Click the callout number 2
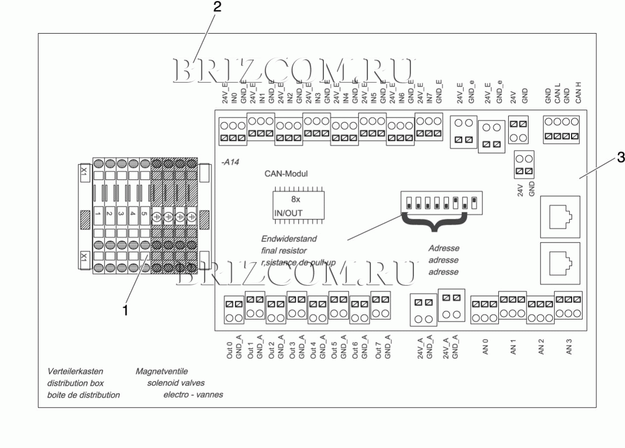(x=217, y=8)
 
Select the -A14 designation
(x=231, y=162)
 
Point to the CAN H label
(x=577, y=92)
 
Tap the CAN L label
(x=557, y=92)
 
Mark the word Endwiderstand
(x=289, y=239)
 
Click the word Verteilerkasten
(x=75, y=371)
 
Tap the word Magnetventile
(x=162, y=371)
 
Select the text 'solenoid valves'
(x=176, y=383)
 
